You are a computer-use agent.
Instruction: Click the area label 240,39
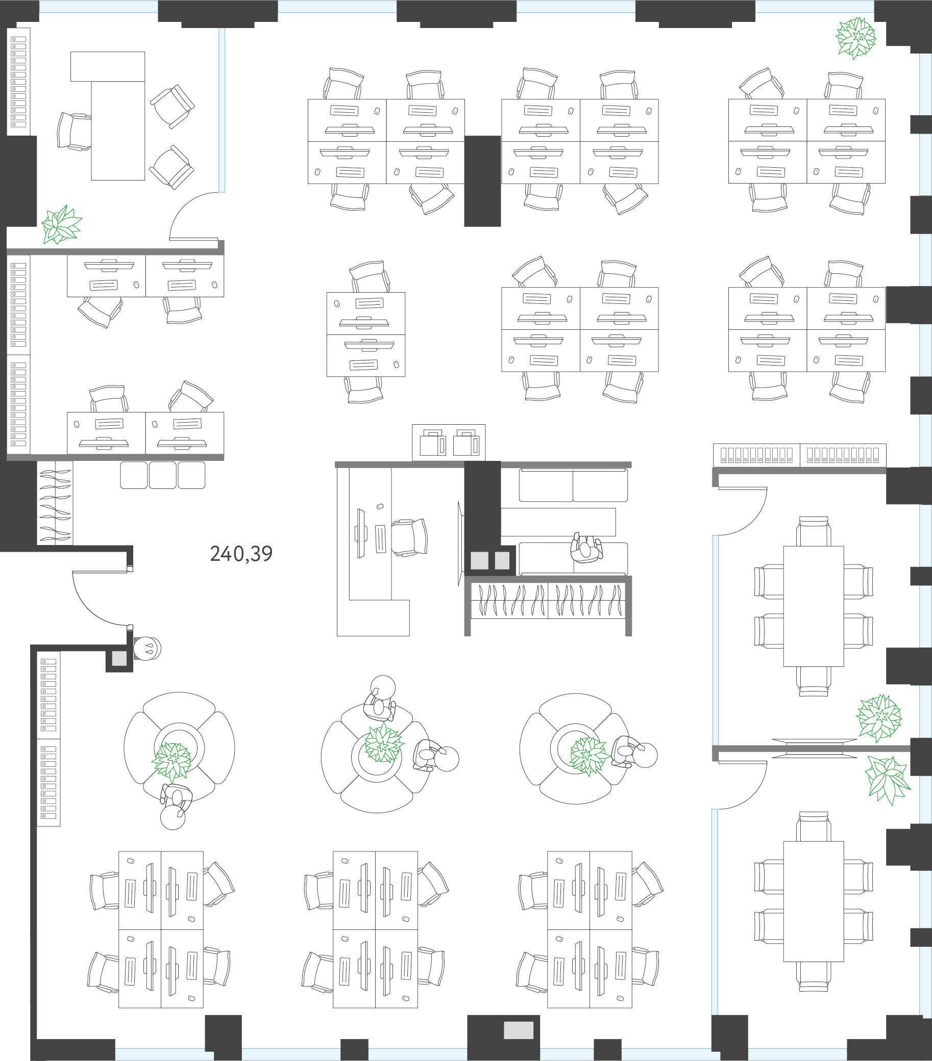click(x=241, y=554)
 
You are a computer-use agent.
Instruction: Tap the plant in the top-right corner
click(x=855, y=38)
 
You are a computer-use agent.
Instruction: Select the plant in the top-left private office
click(x=61, y=225)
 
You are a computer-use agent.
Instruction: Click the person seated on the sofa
click(x=586, y=548)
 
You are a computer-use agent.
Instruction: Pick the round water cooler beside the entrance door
click(x=148, y=649)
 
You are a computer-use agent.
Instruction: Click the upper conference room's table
click(x=814, y=606)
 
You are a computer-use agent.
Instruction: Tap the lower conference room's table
click(x=814, y=901)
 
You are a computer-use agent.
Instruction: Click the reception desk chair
click(x=409, y=537)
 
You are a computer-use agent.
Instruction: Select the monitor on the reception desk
click(x=361, y=534)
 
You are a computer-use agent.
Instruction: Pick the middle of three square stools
click(x=163, y=475)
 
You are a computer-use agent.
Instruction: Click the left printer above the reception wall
click(x=433, y=443)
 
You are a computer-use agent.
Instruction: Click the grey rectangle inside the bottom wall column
click(x=519, y=1030)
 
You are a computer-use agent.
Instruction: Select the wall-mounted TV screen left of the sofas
click(x=460, y=544)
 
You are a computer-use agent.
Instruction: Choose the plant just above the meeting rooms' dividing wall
click(x=879, y=718)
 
